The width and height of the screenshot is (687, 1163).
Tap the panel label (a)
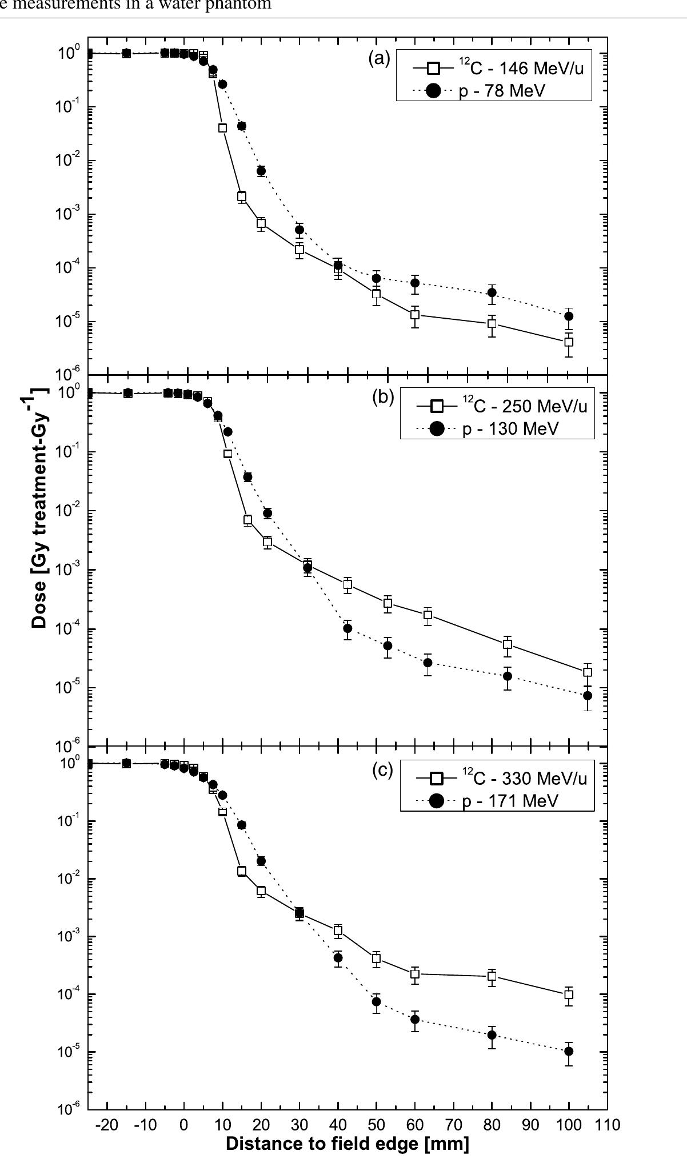tap(380, 58)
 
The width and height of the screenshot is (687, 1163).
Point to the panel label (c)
tap(383, 770)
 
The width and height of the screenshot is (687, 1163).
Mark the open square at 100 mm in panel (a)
tap(569, 342)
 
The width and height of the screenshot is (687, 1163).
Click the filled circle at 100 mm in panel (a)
tap(569, 316)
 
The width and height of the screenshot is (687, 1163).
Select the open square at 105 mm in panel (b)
tap(588, 672)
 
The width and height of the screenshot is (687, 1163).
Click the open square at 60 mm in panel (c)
tap(415, 974)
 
